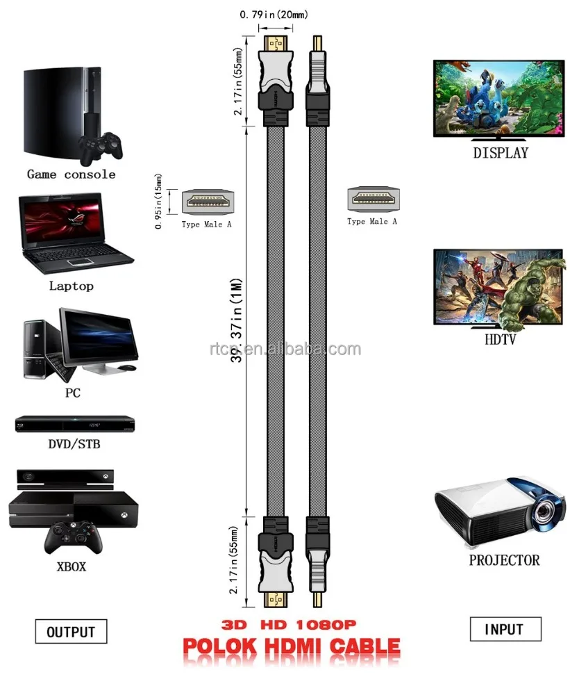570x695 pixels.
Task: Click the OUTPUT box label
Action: pyautogui.click(x=71, y=632)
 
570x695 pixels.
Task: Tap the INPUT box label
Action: pyautogui.click(x=504, y=629)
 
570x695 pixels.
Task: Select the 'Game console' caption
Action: pyautogui.click(x=71, y=174)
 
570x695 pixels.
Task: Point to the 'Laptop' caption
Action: pyautogui.click(x=71, y=286)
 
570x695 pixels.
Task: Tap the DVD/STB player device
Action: pyautogui.click(x=74, y=424)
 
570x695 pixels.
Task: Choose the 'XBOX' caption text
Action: pyautogui.click(x=71, y=566)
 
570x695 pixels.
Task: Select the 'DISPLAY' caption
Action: pyautogui.click(x=501, y=153)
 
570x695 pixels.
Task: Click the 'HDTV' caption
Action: pyautogui.click(x=500, y=340)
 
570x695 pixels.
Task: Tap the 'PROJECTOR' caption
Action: pyautogui.click(x=504, y=559)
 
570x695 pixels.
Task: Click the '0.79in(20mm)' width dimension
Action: pyautogui.click(x=274, y=14)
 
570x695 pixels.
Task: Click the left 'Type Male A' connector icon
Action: pyautogui.click(x=206, y=201)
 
